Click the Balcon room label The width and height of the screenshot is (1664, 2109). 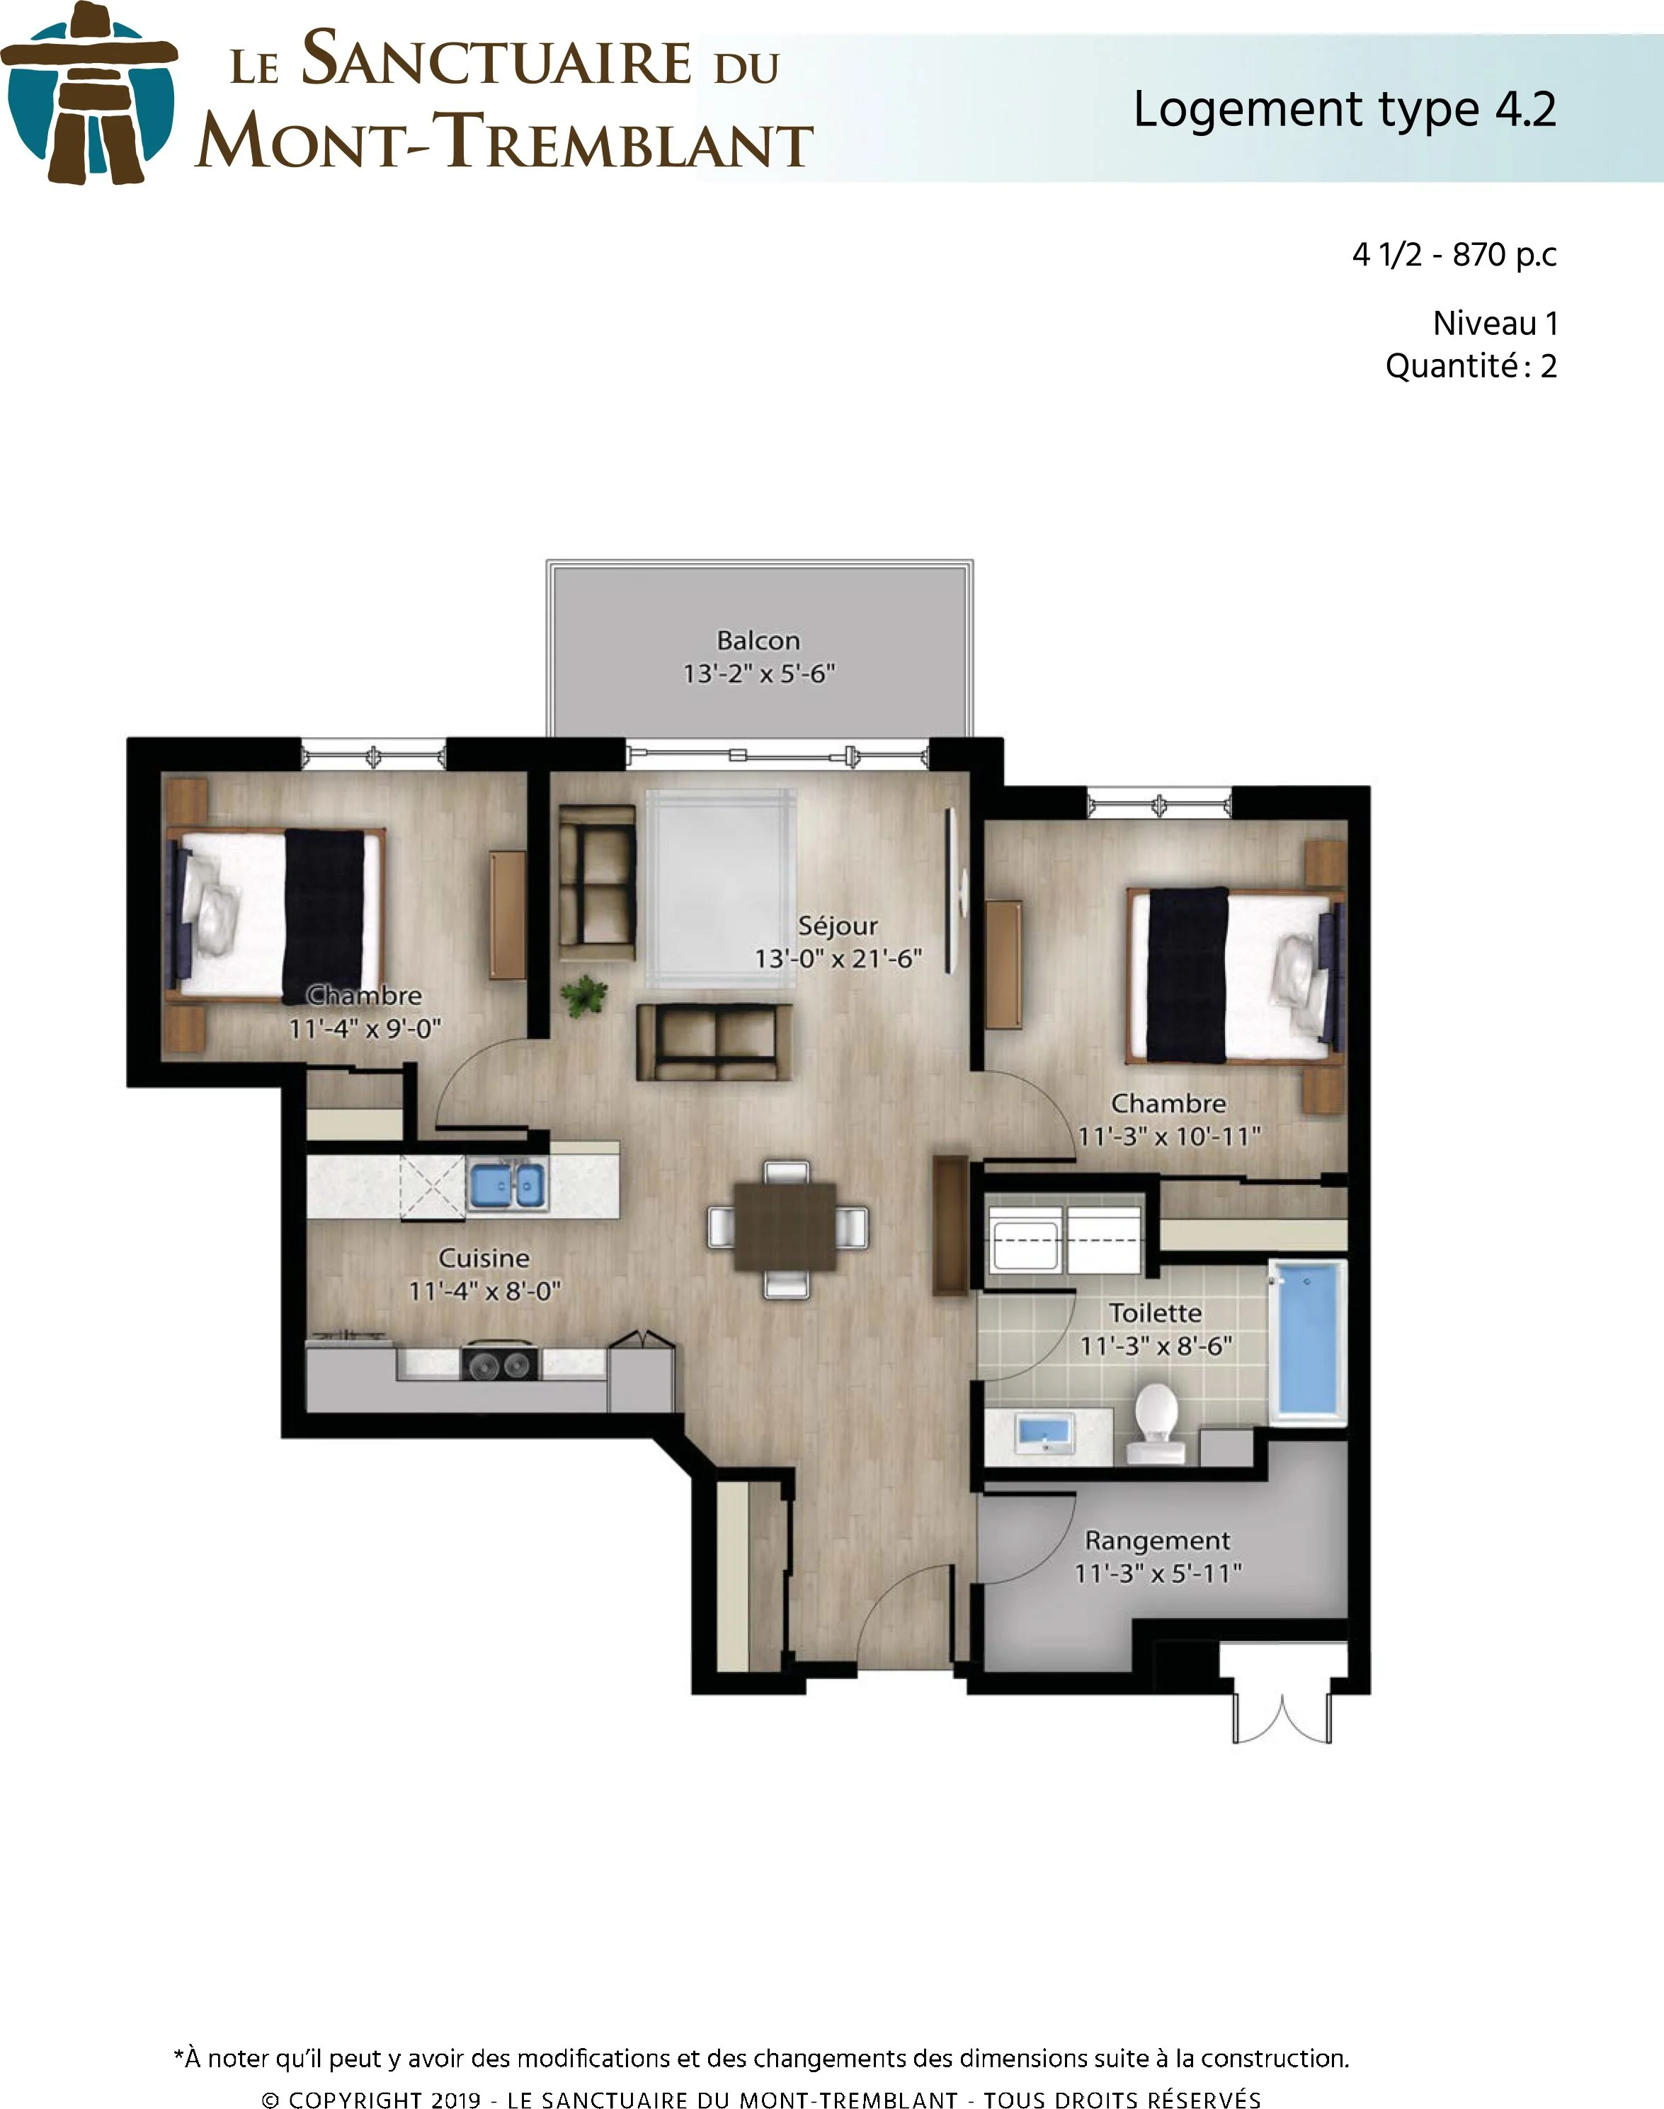pyautogui.click(x=758, y=640)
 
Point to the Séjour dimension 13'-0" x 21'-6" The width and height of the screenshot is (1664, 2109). pyautogui.click(x=838, y=959)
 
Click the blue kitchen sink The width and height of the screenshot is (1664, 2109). pyautogui.click(x=506, y=1185)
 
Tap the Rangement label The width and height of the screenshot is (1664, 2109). pyautogui.click(x=1158, y=1540)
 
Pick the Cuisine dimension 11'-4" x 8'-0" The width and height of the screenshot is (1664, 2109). pyautogui.click(x=484, y=1291)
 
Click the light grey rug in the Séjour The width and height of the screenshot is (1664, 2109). pyautogui.click(x=721, y=887)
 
